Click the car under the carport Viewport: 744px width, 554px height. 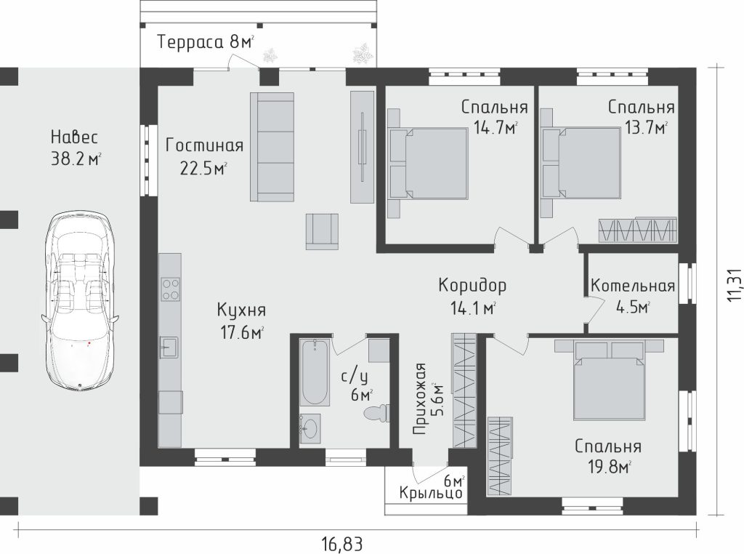click(x=80, y=302)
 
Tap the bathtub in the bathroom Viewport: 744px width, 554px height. click(x=315, y=372)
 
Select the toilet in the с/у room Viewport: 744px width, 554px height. click(x=377, y=412)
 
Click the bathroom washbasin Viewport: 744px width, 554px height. click(x=310, y=429)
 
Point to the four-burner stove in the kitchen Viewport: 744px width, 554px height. click(x=170, y=289)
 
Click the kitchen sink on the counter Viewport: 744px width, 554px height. click(x=169, y=347)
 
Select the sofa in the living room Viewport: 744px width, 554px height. click(x=272, y=147)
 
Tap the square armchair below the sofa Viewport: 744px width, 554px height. click(x=322, y=231)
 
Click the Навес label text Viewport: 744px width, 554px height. click(x=75, y=137)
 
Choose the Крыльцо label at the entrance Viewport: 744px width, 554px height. click(x=431, y=493)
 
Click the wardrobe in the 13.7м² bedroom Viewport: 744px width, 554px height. click(x=636, y=230)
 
